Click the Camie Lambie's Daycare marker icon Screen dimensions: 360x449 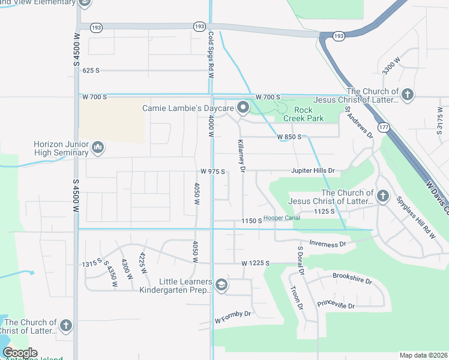(x=243, y=108)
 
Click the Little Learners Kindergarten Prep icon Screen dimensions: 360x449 (x=221, y=285)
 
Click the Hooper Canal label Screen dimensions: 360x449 (x=282, y=218)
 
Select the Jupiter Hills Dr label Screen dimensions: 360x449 (x=312, y=171)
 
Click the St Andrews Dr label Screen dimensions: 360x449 (x=358, y=122)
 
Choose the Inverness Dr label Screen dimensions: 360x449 (x=328, y=244)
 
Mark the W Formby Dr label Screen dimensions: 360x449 (x=232, y=317)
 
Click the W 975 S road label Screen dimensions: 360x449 (x=212, y=172)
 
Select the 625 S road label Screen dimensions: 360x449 (x=91, y=70)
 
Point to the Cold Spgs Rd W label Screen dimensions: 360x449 (x=211, y=49)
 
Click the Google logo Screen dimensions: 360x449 (x=20, y=353)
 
